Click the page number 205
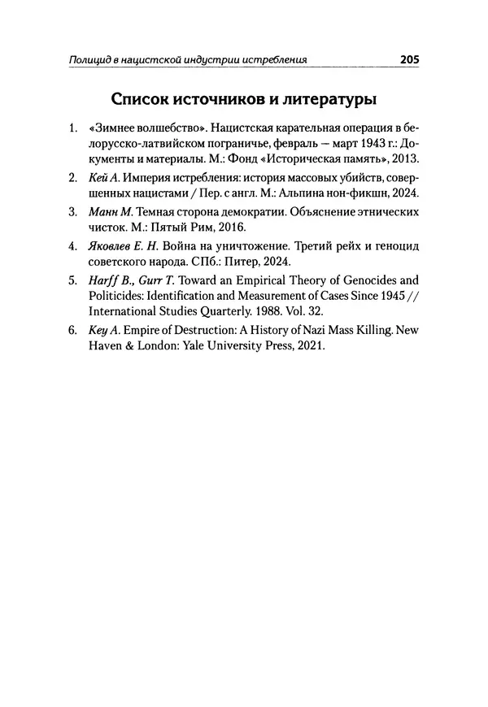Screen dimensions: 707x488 tap(409, 59)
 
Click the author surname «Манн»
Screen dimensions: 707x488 tap(102, 212)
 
